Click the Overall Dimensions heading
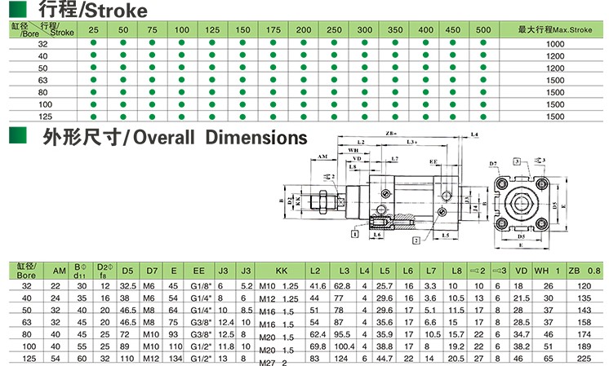point(175,137)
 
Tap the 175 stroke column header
point(273,29)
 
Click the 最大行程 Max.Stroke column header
point(555,29)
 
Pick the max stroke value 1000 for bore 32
point(555,43)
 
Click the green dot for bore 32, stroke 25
point(94,43)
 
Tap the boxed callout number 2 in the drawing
point(416,242)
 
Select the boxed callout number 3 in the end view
point(518,162)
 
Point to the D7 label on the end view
point(494,165)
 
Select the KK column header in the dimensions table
point(282,269)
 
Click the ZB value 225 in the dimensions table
point(583,357)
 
